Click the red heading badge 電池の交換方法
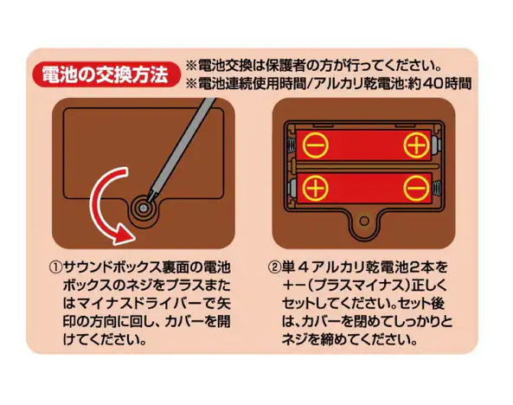point(106,74)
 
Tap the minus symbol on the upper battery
point(316,145)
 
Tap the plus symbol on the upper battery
point(416,145)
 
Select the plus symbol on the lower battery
point(316,189)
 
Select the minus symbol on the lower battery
point(416,189)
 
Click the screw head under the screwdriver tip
point(143,208)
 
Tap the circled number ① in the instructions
point(55,267)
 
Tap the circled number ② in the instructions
point(274,267)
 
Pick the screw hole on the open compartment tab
point(364,221)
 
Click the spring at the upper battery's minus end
point(291,145)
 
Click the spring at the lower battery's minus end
point(437,189)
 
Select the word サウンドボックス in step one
point(112,267)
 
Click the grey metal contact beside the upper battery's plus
point(435,145)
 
